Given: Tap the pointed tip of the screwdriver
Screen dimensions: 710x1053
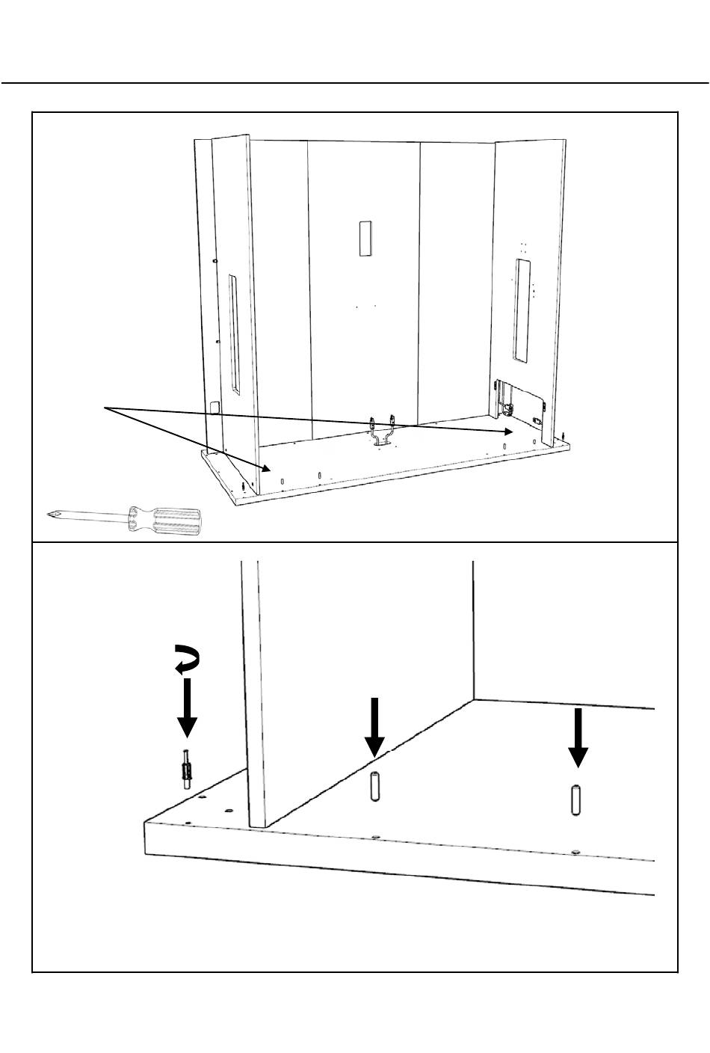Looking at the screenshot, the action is pos(49,514).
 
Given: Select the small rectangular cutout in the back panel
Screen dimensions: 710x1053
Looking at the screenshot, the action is pos(364,239).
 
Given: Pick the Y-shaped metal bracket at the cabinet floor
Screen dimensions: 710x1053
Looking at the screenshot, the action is pos(382,431).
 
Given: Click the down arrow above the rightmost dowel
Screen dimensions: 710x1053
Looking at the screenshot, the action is pos(576,737).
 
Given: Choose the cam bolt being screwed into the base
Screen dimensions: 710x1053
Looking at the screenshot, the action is pos(185,767).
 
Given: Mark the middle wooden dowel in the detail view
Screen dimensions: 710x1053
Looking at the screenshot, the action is pos(374,785).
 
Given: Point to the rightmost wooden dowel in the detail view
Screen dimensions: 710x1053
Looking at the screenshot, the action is pos(575,799).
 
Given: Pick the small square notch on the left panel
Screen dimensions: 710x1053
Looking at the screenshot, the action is pos(216,408).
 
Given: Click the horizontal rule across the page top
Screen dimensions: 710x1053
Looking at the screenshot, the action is pos(355,83).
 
